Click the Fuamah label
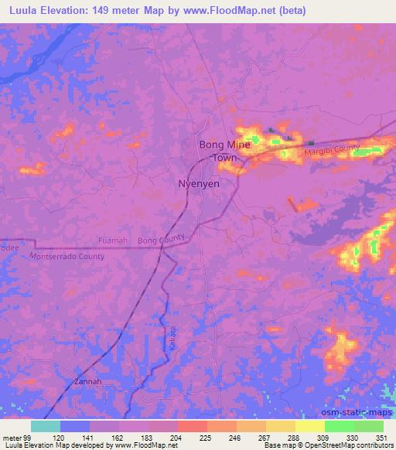113,241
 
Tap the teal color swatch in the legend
46,426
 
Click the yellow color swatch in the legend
309,426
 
